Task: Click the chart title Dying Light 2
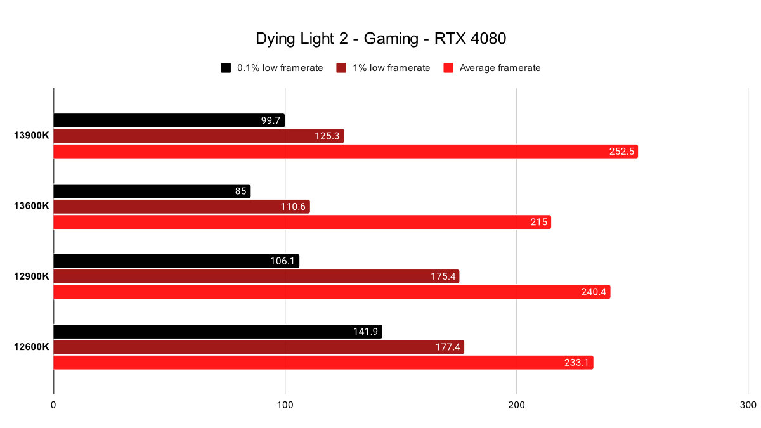(380, 39)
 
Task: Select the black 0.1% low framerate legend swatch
(226, 68)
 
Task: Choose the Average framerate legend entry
(500, 68)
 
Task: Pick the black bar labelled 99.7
(169, 120)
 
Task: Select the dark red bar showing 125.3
(198, 136)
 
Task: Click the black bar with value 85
(152, 191)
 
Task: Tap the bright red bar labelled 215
(302, 222)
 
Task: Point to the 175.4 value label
(441, 277)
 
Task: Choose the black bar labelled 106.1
(176, 261)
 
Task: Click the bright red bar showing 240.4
(332, 292)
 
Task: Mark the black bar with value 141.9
(218, 332)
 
